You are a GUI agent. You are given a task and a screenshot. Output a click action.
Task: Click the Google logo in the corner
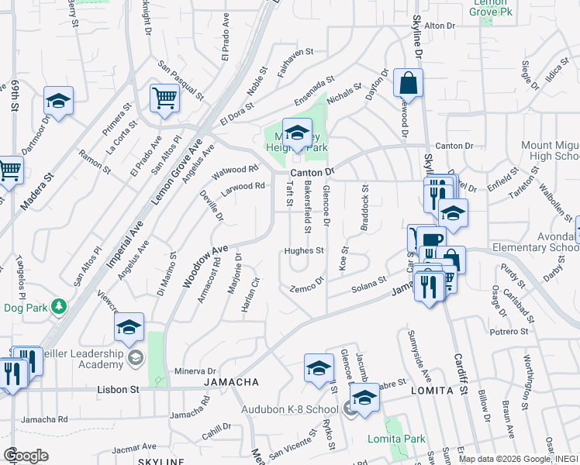[26, 456]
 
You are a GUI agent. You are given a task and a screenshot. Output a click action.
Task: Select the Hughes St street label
[303, 251]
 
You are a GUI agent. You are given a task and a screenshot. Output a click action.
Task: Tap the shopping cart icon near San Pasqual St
[164, 98]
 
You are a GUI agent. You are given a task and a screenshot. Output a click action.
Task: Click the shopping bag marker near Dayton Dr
[408, 83]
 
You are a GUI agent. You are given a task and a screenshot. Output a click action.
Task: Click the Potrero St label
[508, 331]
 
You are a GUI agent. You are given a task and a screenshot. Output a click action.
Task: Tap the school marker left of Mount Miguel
[453, 212]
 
